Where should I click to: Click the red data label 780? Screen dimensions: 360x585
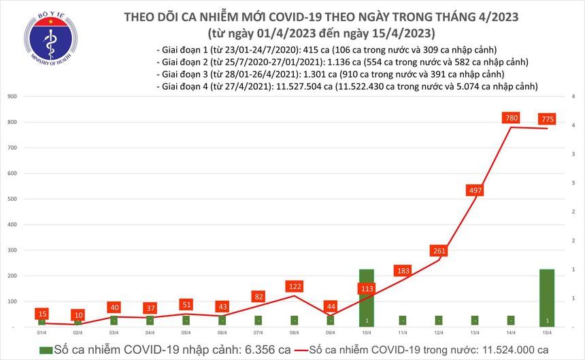click(512, 118)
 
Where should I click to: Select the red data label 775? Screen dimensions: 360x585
click(547, 119)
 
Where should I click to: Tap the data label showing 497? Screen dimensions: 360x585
click(475, 190)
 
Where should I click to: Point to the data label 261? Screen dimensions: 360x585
click(439, 250)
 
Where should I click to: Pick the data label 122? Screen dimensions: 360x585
click(295, 286)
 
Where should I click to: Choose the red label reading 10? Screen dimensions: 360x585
click(79, 315)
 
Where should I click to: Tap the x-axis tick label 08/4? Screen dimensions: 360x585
click(295, 333)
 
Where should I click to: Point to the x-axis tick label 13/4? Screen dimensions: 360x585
click(475, 333)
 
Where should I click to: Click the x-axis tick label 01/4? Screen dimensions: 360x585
click(42, 333)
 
